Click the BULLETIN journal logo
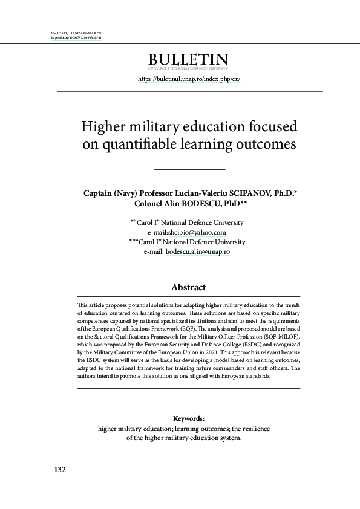click(x=189, y=61)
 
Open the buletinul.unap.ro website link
click(x=189, y=79)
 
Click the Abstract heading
click(x=189, y=287)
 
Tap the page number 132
click(x=60, y=469)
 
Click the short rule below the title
click(x=189, y=169)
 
